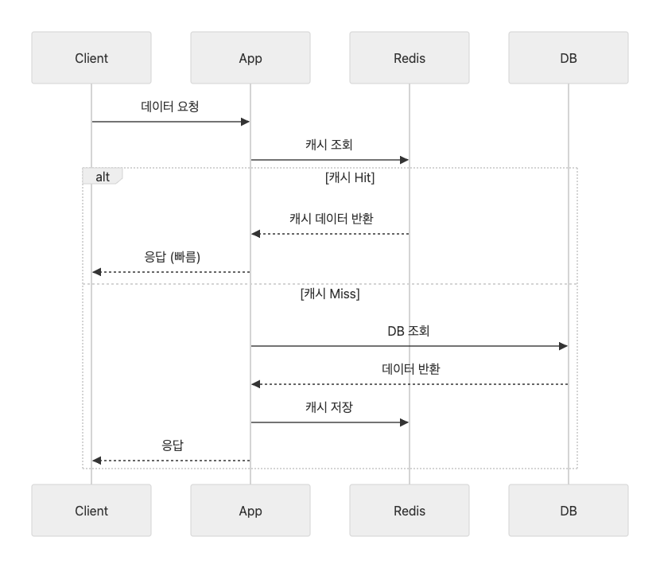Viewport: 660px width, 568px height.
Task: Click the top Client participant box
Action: pos(91,58)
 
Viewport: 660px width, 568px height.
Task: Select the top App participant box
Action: pos(250,58)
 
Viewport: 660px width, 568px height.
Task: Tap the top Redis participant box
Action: pos(410,58)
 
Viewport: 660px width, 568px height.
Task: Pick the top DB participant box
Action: pos(569,58)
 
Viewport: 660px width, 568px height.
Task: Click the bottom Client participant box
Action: pos(91,510)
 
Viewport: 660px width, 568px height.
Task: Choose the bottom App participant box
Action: pos(250,510)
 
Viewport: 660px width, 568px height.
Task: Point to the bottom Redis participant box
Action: pos(410,510)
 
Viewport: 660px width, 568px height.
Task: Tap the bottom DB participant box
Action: pos(569,510)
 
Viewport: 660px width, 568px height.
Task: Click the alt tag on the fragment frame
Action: pos(103,176)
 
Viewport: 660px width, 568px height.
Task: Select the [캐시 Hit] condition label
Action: pos(350,177)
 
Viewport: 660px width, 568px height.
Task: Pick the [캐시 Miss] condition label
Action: pos(330,294)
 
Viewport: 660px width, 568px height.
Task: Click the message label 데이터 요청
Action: pos(169,107)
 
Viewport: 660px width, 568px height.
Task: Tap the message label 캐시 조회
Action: pos(328,145)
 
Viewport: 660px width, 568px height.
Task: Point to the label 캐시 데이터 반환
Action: pos(332,219)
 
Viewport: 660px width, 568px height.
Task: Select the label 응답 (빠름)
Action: pos(172,257)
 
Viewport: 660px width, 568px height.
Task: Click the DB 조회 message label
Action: pos(408,331)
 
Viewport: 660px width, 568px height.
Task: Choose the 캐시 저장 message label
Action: pos(328,407)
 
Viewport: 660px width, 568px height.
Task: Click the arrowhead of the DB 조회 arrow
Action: pos(563,346)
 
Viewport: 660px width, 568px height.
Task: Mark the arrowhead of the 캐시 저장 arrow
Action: pos(404,422)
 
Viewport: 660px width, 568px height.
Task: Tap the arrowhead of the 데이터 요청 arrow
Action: pos(245,122)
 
